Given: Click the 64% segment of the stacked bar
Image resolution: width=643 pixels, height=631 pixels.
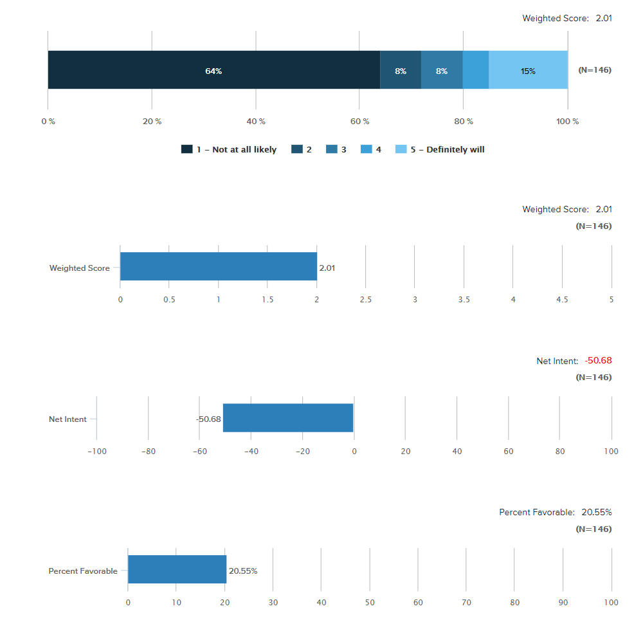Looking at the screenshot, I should click(x=213, y=70).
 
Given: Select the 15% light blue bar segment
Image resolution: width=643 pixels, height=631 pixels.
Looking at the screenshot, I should click(x=528, y=70).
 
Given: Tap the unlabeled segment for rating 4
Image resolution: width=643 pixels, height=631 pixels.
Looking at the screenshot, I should click(x=476, y=70).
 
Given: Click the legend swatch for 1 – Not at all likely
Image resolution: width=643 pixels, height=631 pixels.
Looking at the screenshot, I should click(x=187, y=149).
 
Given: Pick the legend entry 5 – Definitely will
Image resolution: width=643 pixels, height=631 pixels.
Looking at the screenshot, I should click(x=448, y=149).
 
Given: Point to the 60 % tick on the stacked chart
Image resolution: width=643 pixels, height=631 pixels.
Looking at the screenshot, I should click(x=360, y=122).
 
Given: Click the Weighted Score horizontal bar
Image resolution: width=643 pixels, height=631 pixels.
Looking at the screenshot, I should click(x=218, y=266).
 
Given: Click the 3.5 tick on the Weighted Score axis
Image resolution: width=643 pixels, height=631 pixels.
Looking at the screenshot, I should click(x=464, y=300).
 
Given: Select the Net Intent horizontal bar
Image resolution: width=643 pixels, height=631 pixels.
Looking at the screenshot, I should click(x=288, y=418).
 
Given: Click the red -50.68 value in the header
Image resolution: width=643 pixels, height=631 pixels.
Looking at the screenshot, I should click(x=598, y=361).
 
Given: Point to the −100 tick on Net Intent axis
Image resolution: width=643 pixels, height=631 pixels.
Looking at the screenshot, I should click(x=96, y=452).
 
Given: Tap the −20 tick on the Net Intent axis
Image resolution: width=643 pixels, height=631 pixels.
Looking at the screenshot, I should click(x=303, y=452).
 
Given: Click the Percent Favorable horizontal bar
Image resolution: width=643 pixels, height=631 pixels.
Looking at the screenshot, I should click(x=177, y=570).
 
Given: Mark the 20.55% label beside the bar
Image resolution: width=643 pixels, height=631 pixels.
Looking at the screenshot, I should click(x=243, y=571).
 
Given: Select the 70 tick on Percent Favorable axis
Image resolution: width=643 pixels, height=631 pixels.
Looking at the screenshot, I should click(x=466, y=603).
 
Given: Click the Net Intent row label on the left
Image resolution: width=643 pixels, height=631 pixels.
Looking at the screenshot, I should click(x=68, y=419).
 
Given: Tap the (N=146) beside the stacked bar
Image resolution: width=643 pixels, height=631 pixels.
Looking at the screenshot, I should click(x=595, y=70).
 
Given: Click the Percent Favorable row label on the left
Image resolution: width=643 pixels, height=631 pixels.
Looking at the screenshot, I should click(x=83, y=571).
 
